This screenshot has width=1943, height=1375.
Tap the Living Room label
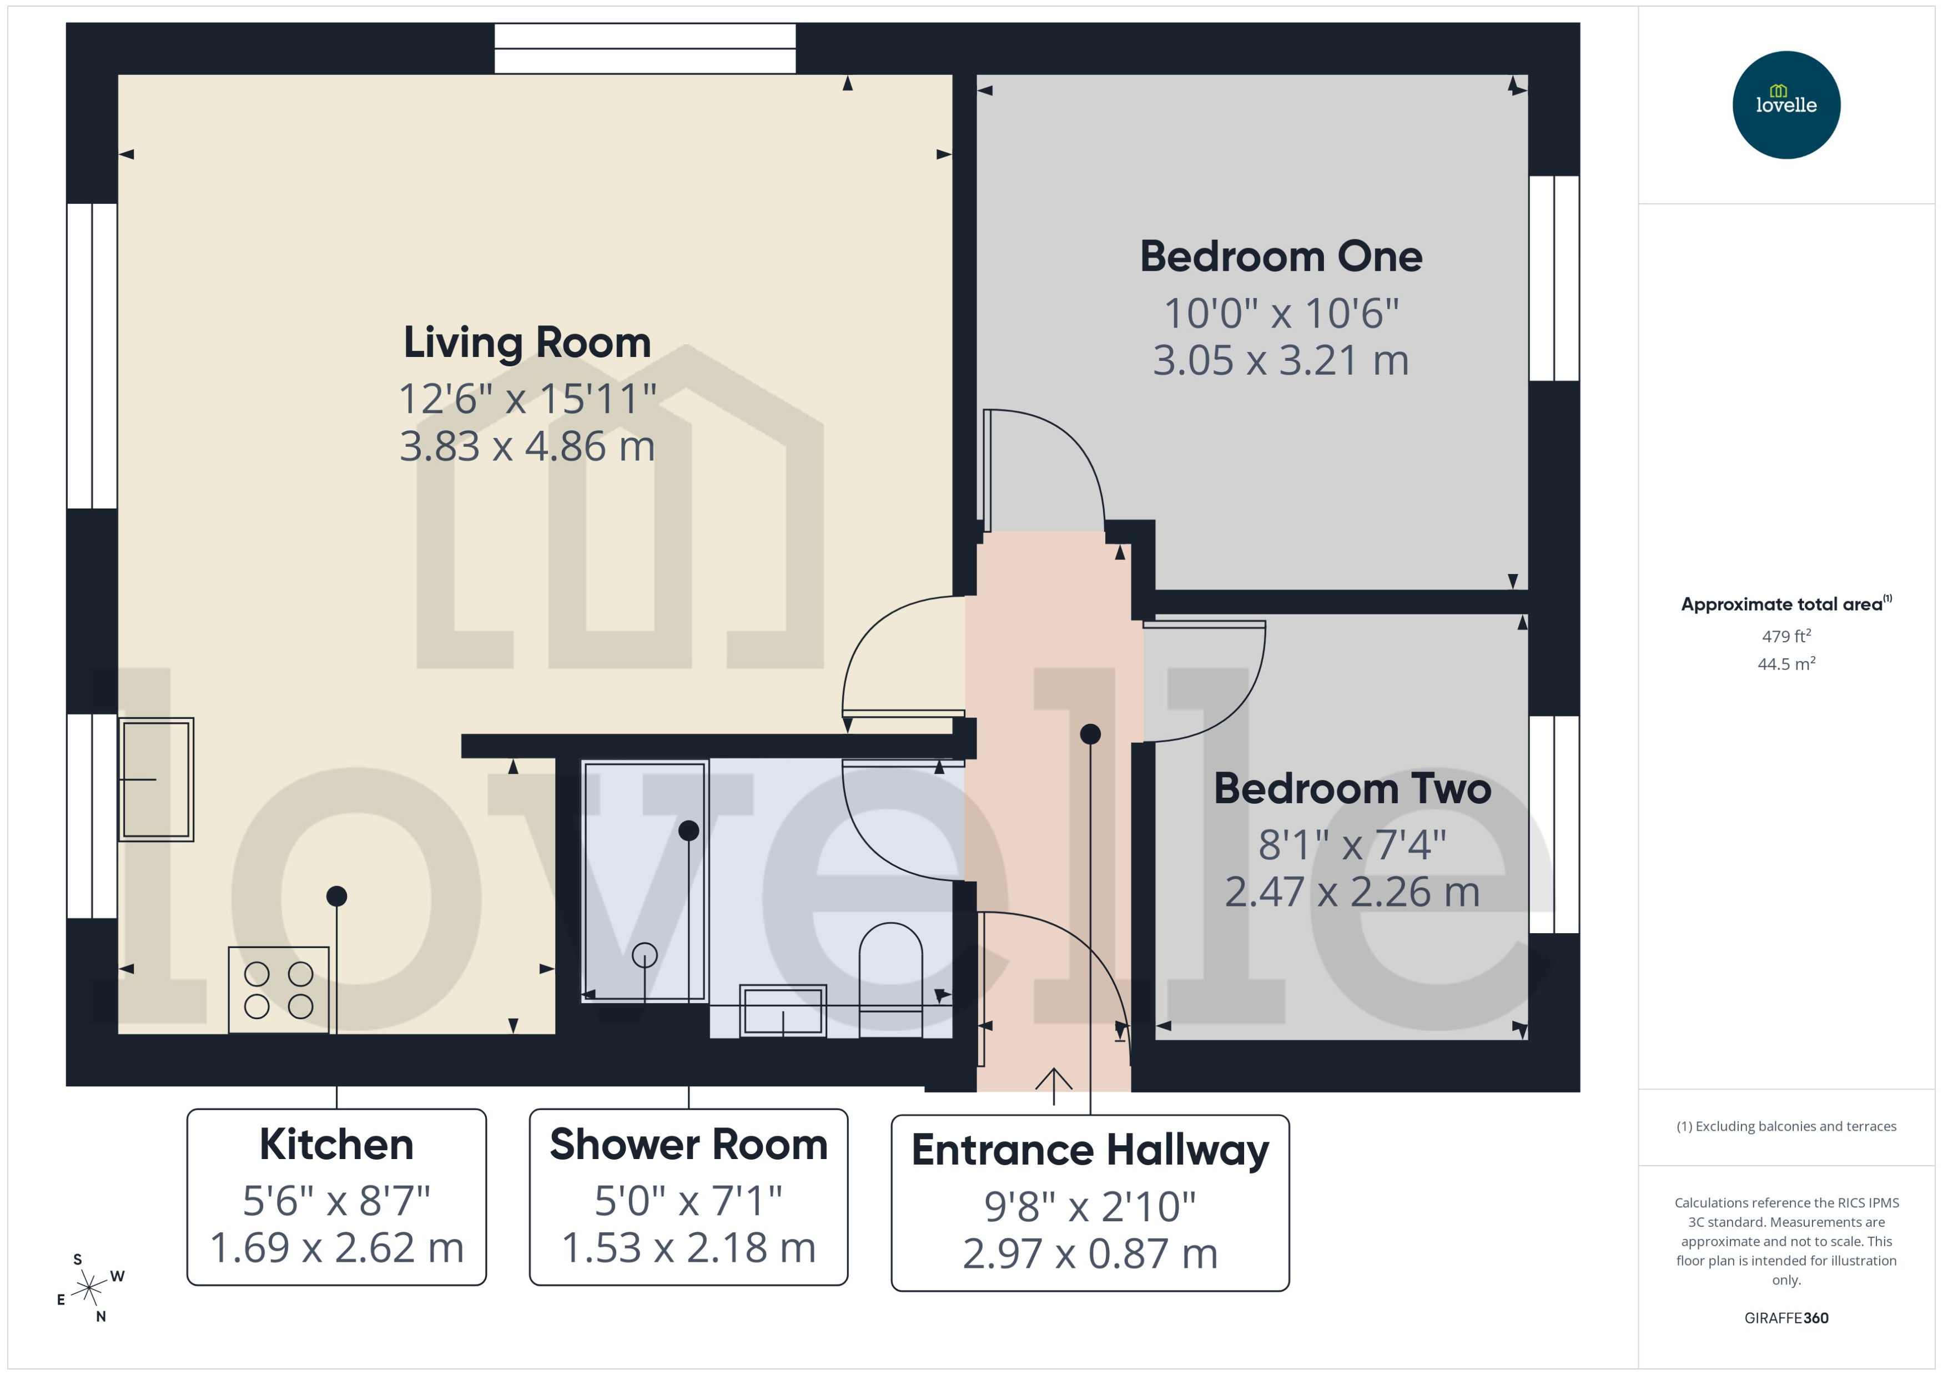(x=527, y=343)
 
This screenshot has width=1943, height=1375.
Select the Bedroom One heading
(x=1280, y=256)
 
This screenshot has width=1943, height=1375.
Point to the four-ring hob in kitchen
(x=279, y=990)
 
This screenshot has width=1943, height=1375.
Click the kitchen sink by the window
(x=157, y=779)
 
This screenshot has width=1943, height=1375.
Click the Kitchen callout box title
(x=336, y=1145)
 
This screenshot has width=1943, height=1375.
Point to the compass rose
(x=89, y=1288)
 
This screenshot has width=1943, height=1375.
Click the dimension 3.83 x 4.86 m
(x=527, y=446)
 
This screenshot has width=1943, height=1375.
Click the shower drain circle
(x=645, y=955)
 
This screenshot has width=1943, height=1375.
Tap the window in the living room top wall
(x=645, y=48)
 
